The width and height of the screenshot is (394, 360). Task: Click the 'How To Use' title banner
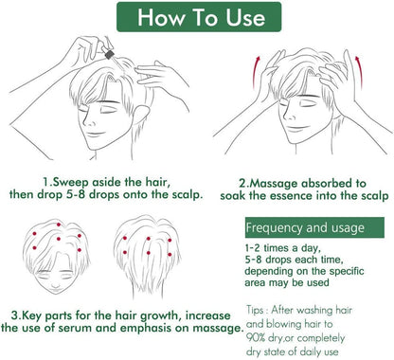[199, 17]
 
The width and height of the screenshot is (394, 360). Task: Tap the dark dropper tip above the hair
[109, 55]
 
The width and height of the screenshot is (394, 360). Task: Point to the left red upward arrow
[256, 73]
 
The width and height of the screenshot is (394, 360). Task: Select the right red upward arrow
[359, 72]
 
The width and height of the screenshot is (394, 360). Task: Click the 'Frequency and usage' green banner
[314, 227]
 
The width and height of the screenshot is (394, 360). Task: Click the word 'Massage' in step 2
[274, 184]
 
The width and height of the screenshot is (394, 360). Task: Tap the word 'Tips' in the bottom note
[255, 310]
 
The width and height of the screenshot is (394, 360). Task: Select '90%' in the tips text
[256, 338]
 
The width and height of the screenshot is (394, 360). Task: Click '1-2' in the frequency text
[252, 248]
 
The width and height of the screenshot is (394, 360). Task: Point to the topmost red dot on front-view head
[59, 225]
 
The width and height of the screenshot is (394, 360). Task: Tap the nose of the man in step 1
[89, 120]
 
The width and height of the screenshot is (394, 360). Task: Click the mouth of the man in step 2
[295, 129]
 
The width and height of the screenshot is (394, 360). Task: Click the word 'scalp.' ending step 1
[187, 195]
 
